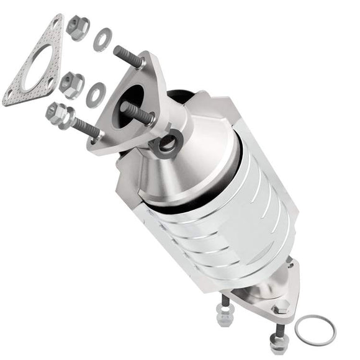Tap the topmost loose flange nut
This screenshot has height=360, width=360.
[77, 27]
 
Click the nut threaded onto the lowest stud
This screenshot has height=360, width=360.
[56, 114]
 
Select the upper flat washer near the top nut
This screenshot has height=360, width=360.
[101, 40]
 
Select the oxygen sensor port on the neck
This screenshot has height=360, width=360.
[166, 145]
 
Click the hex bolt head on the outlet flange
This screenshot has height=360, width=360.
[280, 305]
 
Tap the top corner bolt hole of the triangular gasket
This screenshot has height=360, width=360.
[57, 24]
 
